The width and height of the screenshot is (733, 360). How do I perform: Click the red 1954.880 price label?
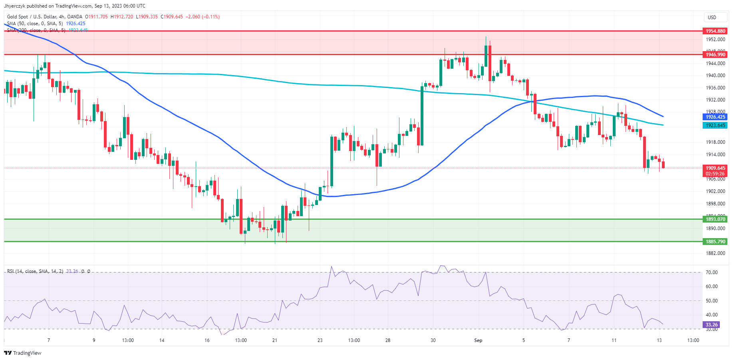[x=715, y=31]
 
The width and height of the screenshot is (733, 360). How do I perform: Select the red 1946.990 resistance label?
[x=715, y=55]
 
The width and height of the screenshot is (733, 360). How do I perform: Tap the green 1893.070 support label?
[x=715, y=219]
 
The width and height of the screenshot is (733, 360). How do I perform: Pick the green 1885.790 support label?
[x=715, y=241]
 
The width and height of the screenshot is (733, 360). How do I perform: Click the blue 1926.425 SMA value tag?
[x=715, y=117]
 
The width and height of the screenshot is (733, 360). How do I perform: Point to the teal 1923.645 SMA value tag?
[x=715, y=125]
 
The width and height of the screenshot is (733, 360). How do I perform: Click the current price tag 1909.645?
[x=715, y=168]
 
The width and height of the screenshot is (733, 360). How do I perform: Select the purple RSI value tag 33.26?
[x=711, y=325]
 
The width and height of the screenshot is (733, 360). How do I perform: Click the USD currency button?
[x=712, y=17]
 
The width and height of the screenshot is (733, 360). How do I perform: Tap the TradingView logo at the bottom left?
[x=23, y=353]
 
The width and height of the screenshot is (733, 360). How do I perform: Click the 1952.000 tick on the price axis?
[x=715, y=40]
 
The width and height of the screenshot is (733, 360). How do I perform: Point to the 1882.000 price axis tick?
[x=715, y=253]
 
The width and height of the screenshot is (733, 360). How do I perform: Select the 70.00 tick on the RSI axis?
[x=711, y=272]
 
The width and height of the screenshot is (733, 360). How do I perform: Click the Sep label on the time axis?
[x=478, y=340]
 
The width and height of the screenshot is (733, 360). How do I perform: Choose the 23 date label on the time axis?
[x=320, y=340]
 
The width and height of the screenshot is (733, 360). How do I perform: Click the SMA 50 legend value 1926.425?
[x=75, y=24]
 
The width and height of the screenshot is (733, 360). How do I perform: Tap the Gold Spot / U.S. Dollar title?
[x=44, y=17]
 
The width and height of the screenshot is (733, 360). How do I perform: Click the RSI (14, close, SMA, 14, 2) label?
[x=35, y=271]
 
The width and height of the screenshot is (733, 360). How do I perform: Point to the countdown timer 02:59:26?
[x=715, y=174]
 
